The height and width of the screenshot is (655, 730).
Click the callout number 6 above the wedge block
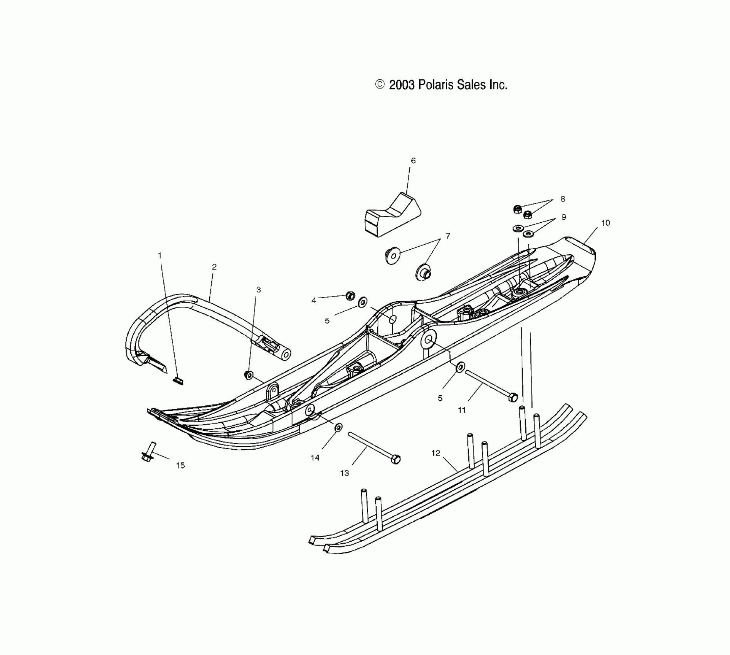413,161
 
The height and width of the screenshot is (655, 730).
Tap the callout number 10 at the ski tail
606,223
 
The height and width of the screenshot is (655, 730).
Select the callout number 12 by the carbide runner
436,453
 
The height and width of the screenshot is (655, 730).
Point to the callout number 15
180,465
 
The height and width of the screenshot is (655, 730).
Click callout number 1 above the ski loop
160,255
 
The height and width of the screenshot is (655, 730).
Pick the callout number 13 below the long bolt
345,473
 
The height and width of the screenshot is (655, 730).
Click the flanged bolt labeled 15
148,452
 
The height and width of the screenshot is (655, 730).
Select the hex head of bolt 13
396,459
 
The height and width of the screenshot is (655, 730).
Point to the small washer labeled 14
338,427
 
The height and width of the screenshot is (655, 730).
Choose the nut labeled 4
350,296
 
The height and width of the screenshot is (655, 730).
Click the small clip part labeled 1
178,381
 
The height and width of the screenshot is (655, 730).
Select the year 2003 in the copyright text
402,85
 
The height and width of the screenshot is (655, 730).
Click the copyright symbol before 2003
380,84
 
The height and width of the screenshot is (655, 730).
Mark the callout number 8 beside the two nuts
563,199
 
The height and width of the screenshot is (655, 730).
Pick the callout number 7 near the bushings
447,236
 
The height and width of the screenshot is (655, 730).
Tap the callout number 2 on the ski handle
214,267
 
